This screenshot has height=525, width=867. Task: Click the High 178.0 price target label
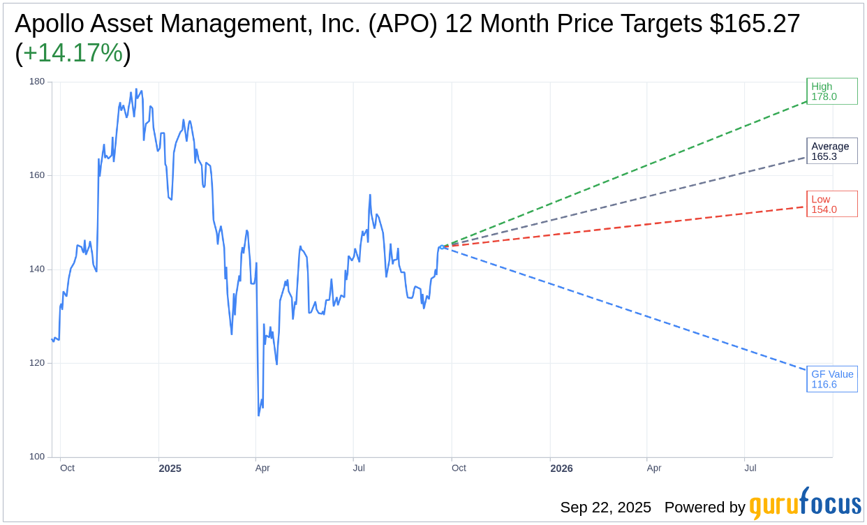[831, 91]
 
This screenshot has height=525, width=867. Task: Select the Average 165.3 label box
[831, 151]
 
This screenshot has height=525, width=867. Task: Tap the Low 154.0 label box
[831, 204]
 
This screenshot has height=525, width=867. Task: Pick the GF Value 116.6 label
[831, 379]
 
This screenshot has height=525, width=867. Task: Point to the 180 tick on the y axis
[37, 82]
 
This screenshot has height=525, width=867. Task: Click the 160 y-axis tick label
[37, 175]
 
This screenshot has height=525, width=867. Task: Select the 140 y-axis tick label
[37, 269]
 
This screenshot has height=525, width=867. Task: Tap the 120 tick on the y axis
[37, 363]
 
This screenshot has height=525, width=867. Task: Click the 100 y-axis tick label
[37, 457]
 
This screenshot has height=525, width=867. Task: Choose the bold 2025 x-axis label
[170, 468]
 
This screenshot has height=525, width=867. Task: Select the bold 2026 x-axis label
[561, 468]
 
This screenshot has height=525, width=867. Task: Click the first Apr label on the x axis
[262, 468]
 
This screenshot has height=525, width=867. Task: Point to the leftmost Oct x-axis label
[67, 468]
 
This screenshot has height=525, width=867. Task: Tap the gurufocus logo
[805, 505]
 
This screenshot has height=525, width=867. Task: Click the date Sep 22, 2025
[605, 508]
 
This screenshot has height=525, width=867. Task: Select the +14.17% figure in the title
[73, 54]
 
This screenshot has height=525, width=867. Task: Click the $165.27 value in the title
[755, 24]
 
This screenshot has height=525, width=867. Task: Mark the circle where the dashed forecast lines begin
[442, 247]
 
